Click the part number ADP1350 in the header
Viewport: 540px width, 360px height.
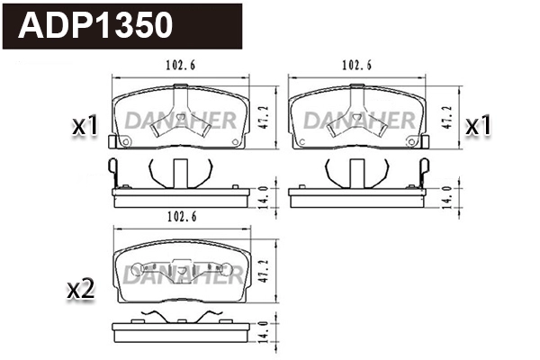coord(96,25)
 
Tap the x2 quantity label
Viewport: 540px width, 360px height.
coord(82,289)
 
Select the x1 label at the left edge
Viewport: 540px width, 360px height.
coord(85,127)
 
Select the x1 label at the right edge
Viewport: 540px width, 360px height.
coord(478,127)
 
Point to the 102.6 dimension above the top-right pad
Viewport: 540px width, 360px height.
coord(358,65)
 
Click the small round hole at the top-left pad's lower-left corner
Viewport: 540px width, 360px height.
coord(125,142)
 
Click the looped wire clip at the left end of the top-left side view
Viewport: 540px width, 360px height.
coord(112,170)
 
